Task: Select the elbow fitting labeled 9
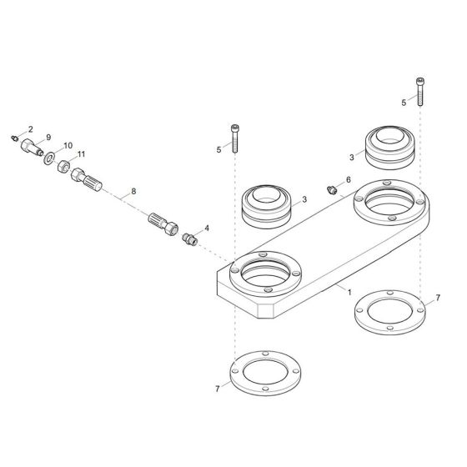tap(31, 150)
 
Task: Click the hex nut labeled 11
tap(63, 166)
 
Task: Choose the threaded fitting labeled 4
tap(189, 239)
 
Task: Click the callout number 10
tap(68, 145)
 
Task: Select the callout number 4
tap(206, 228)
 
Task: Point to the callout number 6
tap(348, 180)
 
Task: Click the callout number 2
tap(30, 129)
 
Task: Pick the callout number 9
tap(48, 137)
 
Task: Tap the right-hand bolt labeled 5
tap(419, 91)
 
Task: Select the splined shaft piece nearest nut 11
tap(87, 179)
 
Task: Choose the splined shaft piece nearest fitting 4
tap(162, 223)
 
